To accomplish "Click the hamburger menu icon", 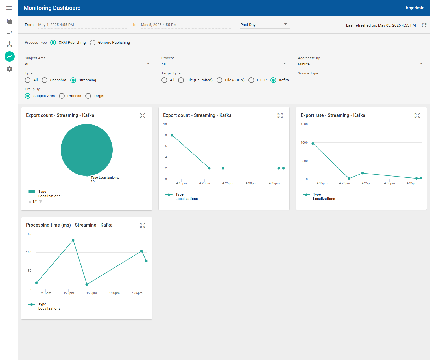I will (9, 8).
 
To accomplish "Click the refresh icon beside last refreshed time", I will (424, 25).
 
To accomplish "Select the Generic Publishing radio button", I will (93, 43).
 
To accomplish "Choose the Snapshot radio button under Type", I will (45, 80).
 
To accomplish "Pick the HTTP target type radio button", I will (251, 80).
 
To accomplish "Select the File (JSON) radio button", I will (219, 80).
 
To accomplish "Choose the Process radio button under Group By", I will (62, 96).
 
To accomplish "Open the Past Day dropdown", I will (264, 25).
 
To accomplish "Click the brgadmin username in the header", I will (415, 8).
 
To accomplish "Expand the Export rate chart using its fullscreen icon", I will (417, 115).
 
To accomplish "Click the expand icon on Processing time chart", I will (143, 225).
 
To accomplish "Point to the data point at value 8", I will (172, 135).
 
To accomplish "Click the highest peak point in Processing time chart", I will (73, 240).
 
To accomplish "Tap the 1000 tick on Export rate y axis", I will (304, 142).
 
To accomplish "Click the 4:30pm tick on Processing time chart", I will (114, 293).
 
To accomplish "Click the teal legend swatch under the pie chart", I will (32, 192).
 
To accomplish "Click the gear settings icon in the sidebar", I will (10, 69).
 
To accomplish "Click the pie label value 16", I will (93, 181).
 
